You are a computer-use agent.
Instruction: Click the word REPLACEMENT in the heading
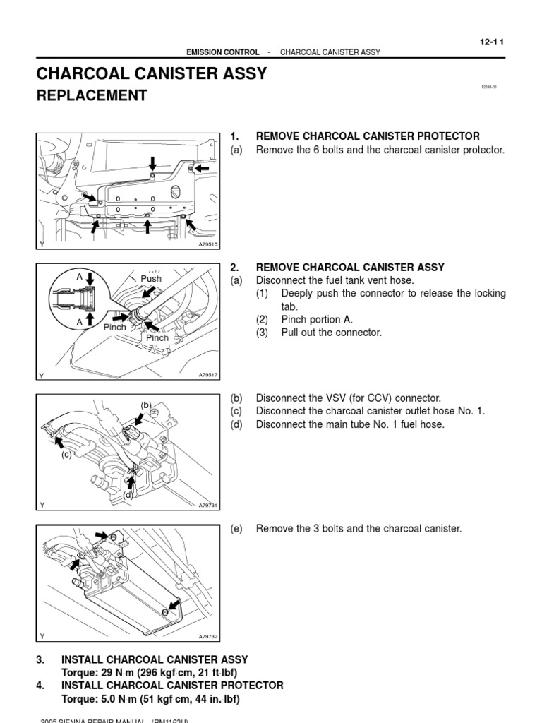[x=92, y=96]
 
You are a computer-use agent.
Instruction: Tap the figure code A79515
[x=209, y=244]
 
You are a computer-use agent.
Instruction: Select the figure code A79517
[x=209, y=376]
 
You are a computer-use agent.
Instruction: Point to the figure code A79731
[x=209, y=506]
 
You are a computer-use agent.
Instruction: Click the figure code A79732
[x=209, y=636]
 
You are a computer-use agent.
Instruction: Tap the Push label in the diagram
[x=151, y=279]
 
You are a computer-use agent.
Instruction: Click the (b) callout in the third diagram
[x=147, y=405]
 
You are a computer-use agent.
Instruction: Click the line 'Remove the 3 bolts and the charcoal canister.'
[x=359, y=528]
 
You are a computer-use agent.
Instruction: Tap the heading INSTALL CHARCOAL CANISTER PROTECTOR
[x=172, y=686]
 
